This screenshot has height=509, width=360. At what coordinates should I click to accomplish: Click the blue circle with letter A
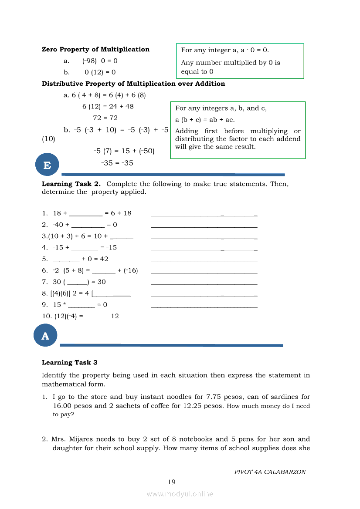click(x=45, y=336)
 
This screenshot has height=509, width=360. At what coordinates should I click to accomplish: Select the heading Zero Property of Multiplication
click(x=95, y=50)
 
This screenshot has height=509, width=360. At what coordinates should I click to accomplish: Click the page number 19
click(x=172, y=482)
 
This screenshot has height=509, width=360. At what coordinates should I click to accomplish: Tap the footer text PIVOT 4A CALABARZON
click(x=270, y=472)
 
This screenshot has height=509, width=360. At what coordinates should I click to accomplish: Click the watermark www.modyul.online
click(x=180, y=494)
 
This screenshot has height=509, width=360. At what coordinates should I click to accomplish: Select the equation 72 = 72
click(x=105, y=118)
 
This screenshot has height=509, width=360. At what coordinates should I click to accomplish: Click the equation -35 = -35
click(x=117, y=163)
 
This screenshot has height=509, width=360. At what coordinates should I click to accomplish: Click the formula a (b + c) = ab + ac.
click(x=205, y=120)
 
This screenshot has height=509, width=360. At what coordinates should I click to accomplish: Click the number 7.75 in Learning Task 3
click(x=215, y=397)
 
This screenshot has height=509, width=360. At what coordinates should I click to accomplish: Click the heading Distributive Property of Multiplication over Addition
click(x=133, y=84)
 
